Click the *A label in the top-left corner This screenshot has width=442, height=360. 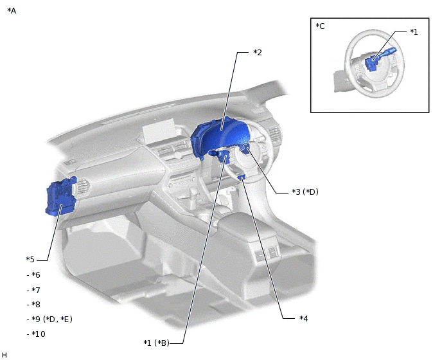[x=12, y=11]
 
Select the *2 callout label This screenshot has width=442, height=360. [x=257, y=52]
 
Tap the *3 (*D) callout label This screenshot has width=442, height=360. [x=305, y=192]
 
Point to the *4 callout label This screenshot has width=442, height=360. [x=304, y=318]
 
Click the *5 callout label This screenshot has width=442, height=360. [x=30, y=260]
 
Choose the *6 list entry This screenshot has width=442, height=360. [x=33, y=275]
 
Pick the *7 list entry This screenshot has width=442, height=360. [x=33, y=290]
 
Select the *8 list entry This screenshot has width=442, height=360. [x=33, y=305]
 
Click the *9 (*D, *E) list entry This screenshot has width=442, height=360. [x=49, y=319]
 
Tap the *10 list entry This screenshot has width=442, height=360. [x=36, y=334]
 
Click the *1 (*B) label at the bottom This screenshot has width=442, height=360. [x=156, y=343]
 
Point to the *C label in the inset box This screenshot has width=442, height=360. [x=320, y=26]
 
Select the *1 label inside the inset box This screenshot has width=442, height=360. [x=414, y=32]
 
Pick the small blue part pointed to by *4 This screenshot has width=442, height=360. [x=242, y=177]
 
